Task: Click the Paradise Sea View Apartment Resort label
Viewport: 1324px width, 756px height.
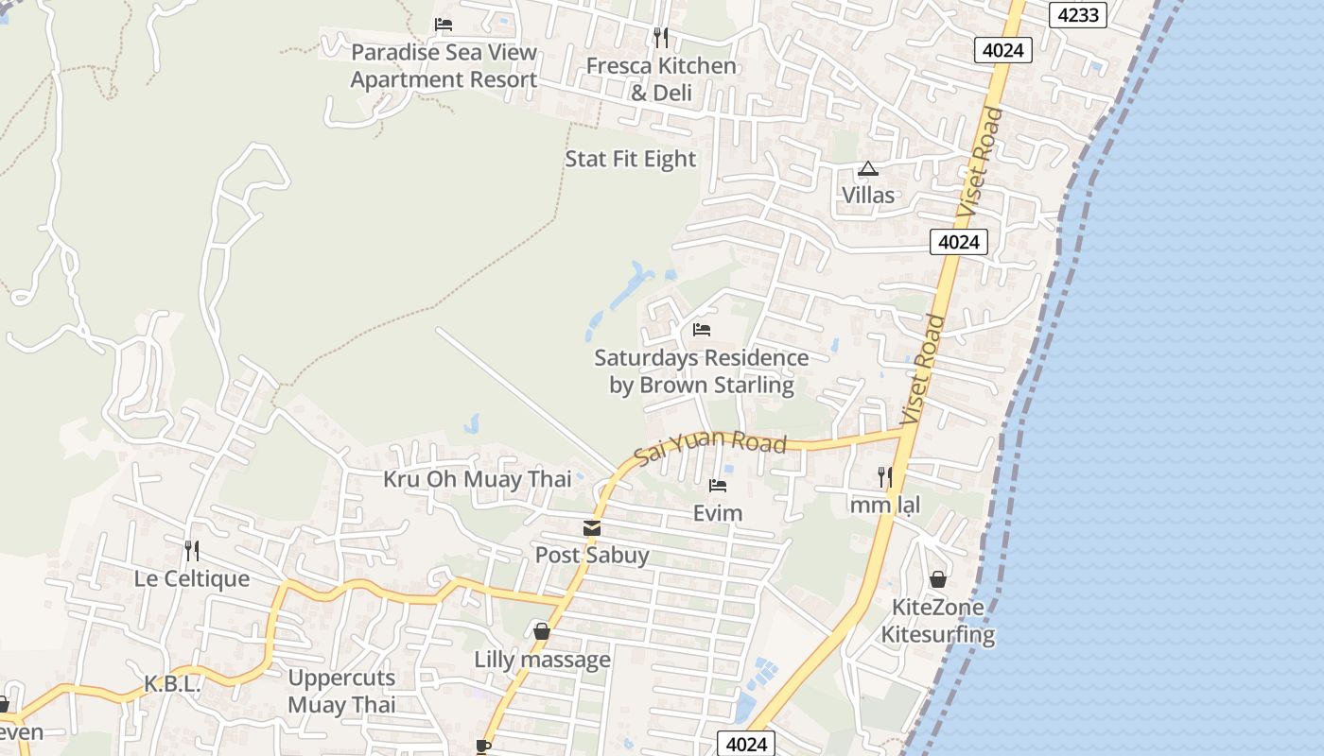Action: pos(444,66)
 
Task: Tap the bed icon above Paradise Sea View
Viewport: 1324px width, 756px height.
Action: pos(444,25)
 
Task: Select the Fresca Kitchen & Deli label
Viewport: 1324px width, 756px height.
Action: pos(661,78)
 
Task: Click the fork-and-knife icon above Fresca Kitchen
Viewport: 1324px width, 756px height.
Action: pos(661,38)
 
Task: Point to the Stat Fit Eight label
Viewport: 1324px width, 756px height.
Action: pos(630,159)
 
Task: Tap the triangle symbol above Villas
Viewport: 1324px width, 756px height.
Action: pos(867,170)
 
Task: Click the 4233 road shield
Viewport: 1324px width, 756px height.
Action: pos(1077,15)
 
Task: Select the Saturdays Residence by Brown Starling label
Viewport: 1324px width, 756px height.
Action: pos(701,371)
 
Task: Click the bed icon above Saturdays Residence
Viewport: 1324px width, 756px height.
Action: pos(701,330)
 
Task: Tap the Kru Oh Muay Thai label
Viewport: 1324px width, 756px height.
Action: pos(477,479)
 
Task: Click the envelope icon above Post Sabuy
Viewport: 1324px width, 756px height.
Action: pos(592,528)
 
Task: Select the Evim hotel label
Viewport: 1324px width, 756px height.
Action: pos(718,513)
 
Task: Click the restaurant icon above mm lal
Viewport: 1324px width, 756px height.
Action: pos(884,477)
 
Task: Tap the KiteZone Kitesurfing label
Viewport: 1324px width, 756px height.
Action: pos(937,621)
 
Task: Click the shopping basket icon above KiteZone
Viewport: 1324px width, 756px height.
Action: pos(937,579)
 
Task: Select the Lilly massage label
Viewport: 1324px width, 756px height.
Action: pos(542,660)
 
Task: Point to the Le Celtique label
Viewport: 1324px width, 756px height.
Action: pos(192,578)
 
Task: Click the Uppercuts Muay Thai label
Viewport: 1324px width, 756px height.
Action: pos(341,691)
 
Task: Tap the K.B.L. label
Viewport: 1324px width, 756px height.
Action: pos(172,684)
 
